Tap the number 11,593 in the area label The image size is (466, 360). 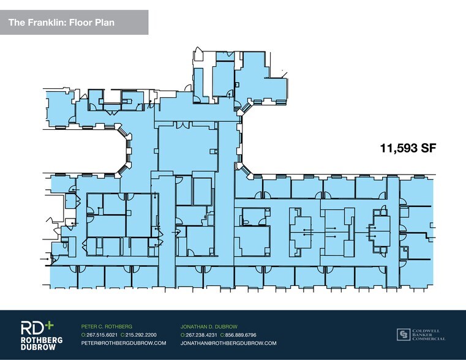(x=397, y=148)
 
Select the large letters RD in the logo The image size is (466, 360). (x=31, y=327)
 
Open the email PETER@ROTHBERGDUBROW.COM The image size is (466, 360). (x=124, y=343)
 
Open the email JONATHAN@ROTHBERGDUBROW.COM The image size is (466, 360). (x=228, y=343)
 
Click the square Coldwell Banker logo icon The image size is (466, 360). (x=403, y=334)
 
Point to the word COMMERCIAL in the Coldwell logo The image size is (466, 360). (x=429, y=339)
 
